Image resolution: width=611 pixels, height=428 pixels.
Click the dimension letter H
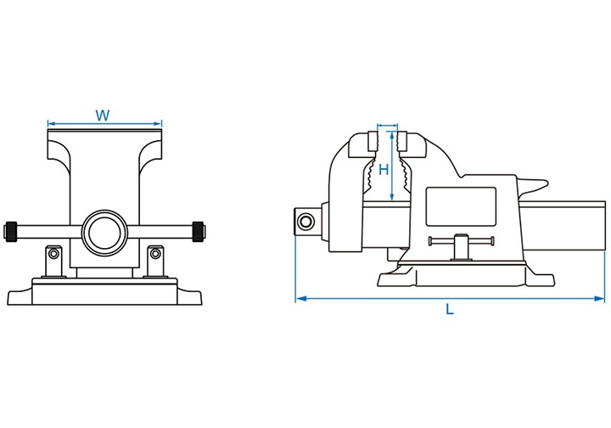(x=384, y=169)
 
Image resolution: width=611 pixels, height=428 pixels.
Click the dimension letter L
(x=450, y=310)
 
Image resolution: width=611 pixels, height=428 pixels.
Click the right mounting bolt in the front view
(x=155, y=253)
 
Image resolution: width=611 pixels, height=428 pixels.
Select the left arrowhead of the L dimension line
(x=300, y=298)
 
